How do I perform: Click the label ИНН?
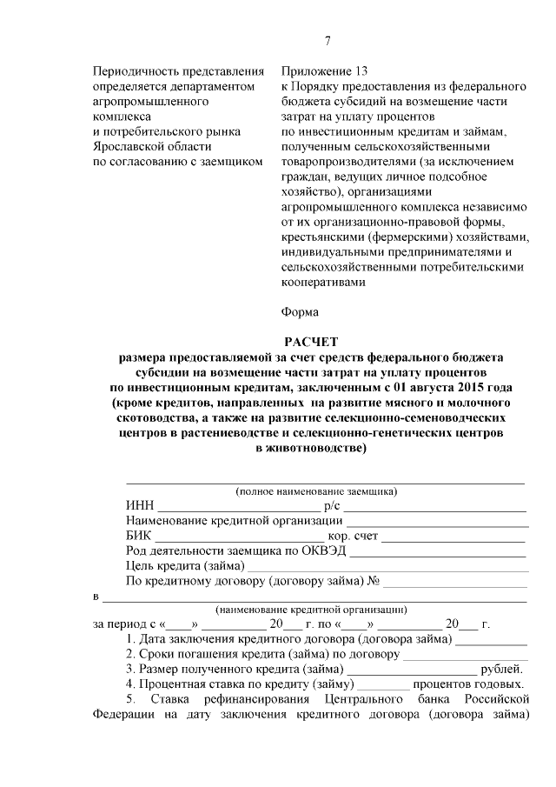(139, 507)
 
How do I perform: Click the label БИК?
(139, 536)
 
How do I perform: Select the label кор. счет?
(353, 536)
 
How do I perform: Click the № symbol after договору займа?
(376, 580)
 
